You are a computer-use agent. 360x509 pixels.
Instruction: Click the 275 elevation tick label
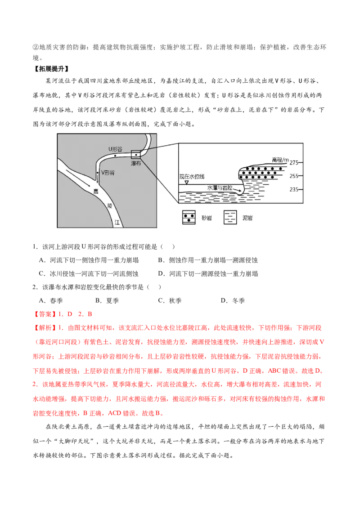pyautogui.click(x=294, y=162)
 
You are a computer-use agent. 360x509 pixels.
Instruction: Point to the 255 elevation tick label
pyautogui.click(x=294, y=176)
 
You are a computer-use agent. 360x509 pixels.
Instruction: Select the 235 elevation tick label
pyautogui.click(x=294, y=189)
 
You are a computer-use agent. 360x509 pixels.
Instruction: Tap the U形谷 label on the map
pyautogui.click(x=115, y=149)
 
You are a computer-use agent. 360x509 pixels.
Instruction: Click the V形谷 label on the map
pyautogui.click(x=108, y=173)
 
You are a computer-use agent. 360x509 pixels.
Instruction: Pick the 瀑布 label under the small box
pyautogui.click(x=136, y=163)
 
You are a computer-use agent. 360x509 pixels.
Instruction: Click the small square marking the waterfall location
pyautogui.click(x=136, y=155)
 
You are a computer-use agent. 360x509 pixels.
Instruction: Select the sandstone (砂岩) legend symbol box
pyautogui.click(x=189, y=218)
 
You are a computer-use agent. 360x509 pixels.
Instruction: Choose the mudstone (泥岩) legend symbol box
pyautogui.click(x=230, y=218)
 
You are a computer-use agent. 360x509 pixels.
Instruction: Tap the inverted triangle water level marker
pyautogui.click(x=186, y=183)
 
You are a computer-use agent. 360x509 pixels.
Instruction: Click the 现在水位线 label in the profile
pyautogui.click(x=192, y=177)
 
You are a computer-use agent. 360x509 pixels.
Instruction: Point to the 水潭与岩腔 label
pyautogui.click(x=220, y=188)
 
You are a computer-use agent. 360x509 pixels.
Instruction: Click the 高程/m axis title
pyautogui.click(x=280, y=160)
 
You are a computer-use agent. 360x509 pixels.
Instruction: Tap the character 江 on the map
pyautogui.click(x=117, y=223)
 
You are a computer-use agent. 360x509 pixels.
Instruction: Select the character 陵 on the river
pyautogui.click(x=110, y=206)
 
